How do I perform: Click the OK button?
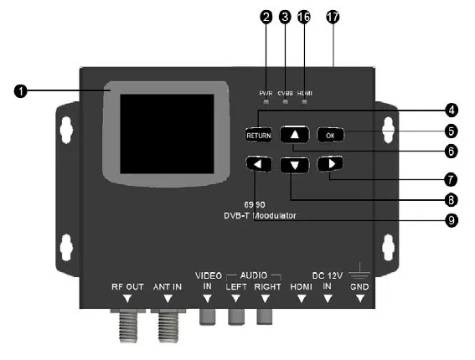[330, 134]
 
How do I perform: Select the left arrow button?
[259, 164]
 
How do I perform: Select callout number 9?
[452, 220]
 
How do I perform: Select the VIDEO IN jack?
[207, 316]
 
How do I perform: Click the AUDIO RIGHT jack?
[266, 316]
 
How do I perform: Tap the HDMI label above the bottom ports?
[300, 286]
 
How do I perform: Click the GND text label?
[359, 286]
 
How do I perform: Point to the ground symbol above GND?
[360, 269]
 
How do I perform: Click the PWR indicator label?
[265, 92]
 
